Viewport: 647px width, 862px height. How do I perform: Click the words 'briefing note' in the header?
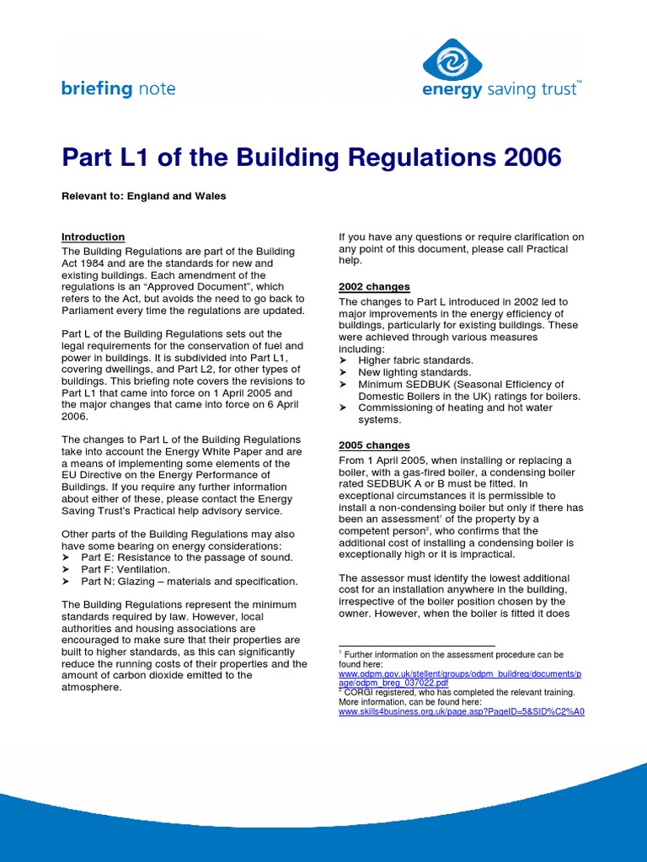coord(118,89)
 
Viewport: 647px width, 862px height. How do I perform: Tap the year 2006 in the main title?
coord(528,157)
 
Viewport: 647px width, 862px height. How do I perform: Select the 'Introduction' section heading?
coord(93,237)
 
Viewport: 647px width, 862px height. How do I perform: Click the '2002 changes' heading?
coord(374,287)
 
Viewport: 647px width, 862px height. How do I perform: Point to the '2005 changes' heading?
coord(374,445)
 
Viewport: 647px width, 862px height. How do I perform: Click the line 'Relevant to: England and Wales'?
coord(143,196)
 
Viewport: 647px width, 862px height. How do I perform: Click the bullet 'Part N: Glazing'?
coord(189,582)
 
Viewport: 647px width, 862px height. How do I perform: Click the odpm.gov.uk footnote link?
coord(460,678)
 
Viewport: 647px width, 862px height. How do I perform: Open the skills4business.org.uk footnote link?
coord(461,711)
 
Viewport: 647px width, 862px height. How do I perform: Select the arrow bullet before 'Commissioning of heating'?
coord(343,407)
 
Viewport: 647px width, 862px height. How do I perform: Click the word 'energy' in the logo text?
coord(452,90)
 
